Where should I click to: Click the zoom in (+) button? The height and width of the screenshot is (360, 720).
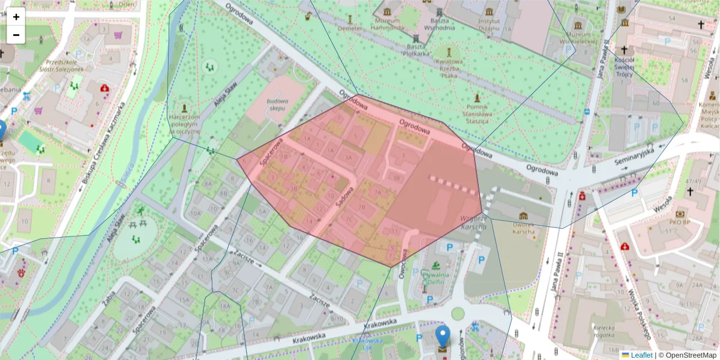pyautogui.click(x=16, y=17)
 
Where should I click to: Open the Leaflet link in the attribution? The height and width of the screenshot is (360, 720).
pyautogui.click(x=641, y=355)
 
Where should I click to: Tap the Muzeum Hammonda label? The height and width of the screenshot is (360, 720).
pyautogui.click(x=386, y=24)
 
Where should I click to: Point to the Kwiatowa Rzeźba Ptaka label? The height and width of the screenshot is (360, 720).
pyautogui.click(x=449, y=68)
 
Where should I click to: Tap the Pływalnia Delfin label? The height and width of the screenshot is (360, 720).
pyautogui.click(x=434, y=277)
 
